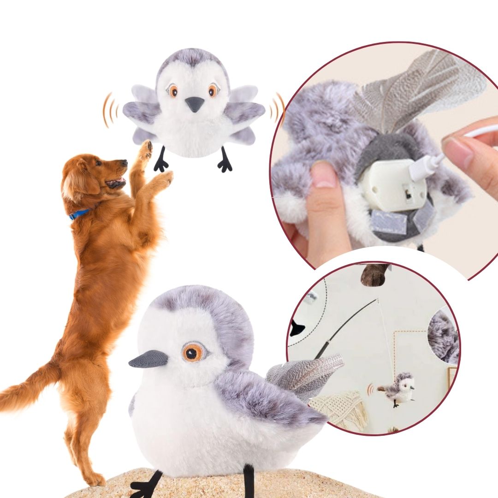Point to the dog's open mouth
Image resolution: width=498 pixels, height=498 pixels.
pyautogui.click(x=115, y=183)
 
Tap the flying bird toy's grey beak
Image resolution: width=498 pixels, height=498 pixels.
pyautogui.click(x=195, y=104)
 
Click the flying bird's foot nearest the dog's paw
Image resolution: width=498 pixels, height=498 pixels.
pyautogui.click(x=161, y=162)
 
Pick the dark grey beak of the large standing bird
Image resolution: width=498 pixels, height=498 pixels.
pyautogui.click(x=148, y=359)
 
